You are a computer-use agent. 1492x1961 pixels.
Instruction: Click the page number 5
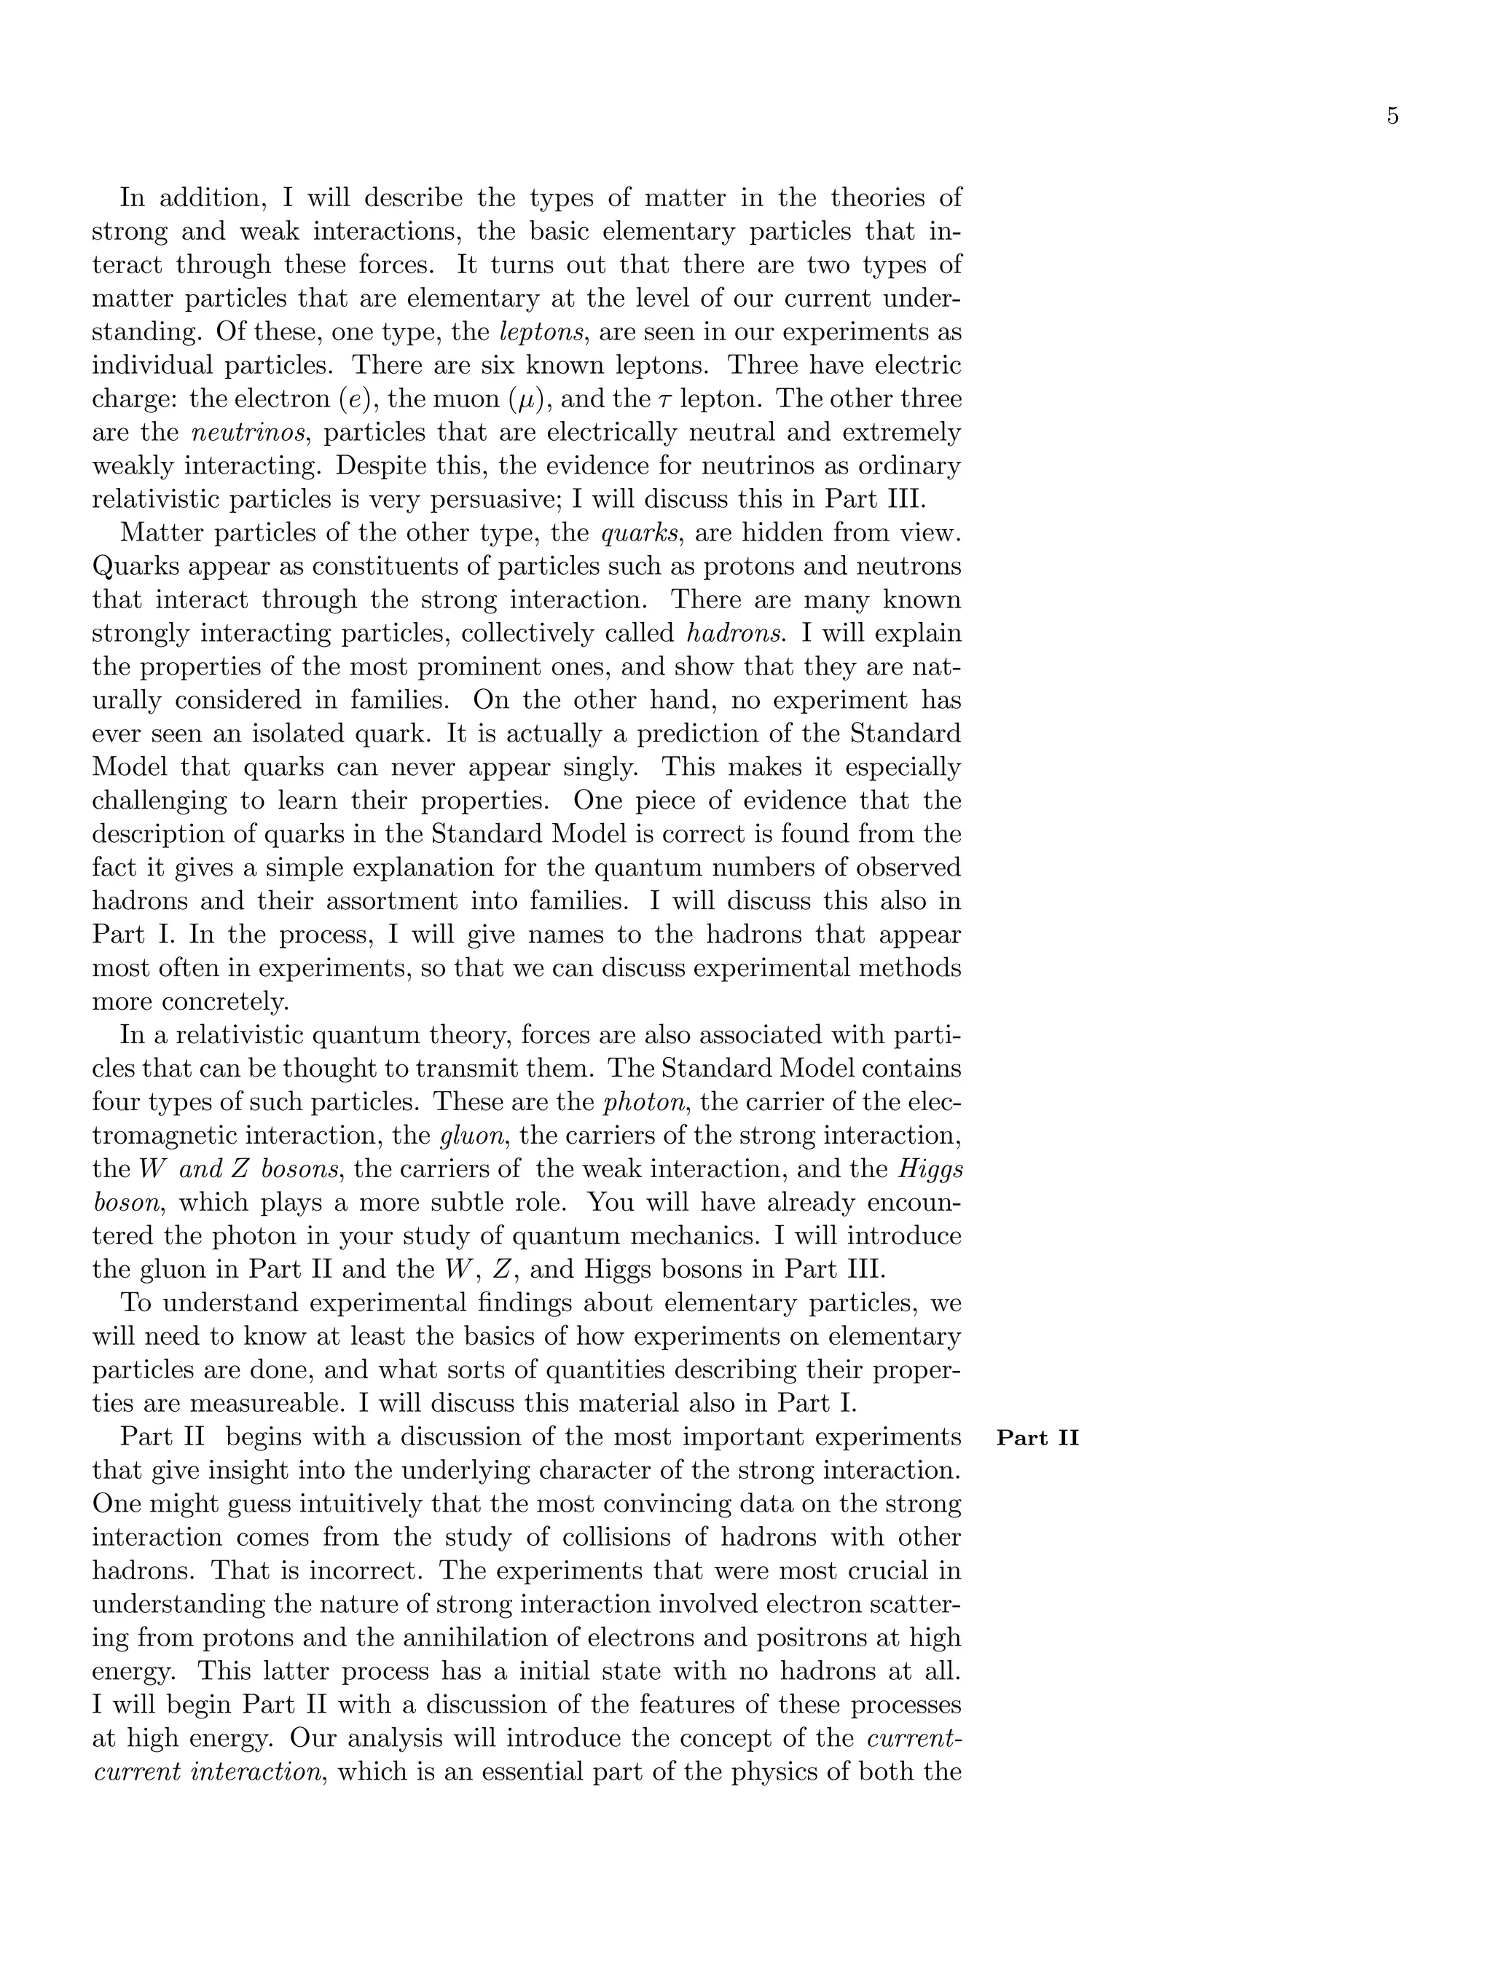(1391, 117)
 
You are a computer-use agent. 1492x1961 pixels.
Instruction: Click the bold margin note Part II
(1037, 1438)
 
